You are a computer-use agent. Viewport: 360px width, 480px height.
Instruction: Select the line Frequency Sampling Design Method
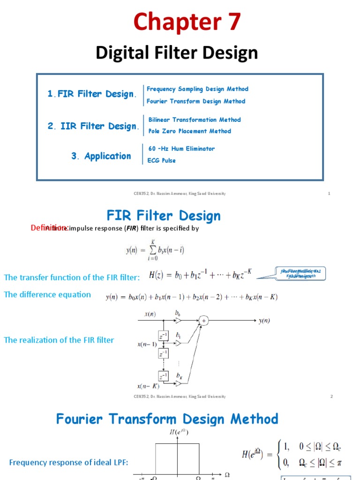click(197, 89)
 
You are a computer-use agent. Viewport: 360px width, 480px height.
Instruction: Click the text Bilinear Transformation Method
click(195, 120)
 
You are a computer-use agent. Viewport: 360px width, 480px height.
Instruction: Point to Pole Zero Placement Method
click(189, 132)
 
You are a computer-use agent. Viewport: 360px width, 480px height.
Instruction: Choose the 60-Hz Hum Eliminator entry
click(181, 149)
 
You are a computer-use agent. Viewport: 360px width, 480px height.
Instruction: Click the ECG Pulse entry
click(162, 161)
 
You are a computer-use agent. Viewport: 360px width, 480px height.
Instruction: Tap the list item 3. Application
click(101, 157)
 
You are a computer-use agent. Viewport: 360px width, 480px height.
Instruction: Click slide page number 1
click(329, 194)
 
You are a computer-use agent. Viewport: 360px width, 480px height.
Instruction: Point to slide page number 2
click(331, 397)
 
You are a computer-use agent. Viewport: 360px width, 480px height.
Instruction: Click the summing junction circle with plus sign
click(203, 321)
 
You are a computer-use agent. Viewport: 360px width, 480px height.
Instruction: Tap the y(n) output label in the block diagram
click(264, 321)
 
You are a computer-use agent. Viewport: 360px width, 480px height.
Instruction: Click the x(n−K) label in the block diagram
click(148, 387)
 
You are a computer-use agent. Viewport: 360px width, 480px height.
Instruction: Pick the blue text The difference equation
click(47, 295)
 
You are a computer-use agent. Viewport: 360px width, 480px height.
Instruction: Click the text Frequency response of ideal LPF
click(68, 463)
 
